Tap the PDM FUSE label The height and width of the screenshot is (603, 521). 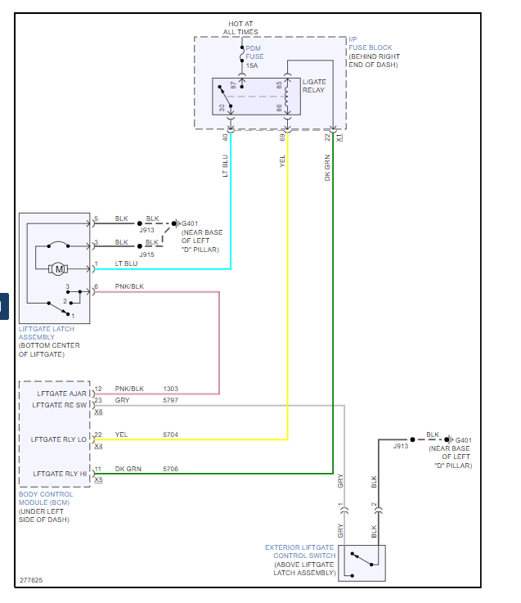(254, 52)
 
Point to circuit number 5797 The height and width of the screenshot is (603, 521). (170, 400)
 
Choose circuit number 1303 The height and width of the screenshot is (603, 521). (170, 389)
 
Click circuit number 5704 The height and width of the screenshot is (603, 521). (170, 435)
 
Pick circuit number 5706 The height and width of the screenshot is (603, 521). (170, 470)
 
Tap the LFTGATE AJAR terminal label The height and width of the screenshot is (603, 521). (63, 394)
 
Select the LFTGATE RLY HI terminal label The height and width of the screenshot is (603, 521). (60, 474)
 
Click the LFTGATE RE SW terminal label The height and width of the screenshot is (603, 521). (60, 405)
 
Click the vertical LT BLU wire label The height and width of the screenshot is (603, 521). (226, 167)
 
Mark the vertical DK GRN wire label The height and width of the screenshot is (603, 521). (327, 167)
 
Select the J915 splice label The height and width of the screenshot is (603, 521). (147, 254)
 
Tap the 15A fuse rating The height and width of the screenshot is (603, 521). (252, 65)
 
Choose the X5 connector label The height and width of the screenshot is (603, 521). (98, 480)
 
